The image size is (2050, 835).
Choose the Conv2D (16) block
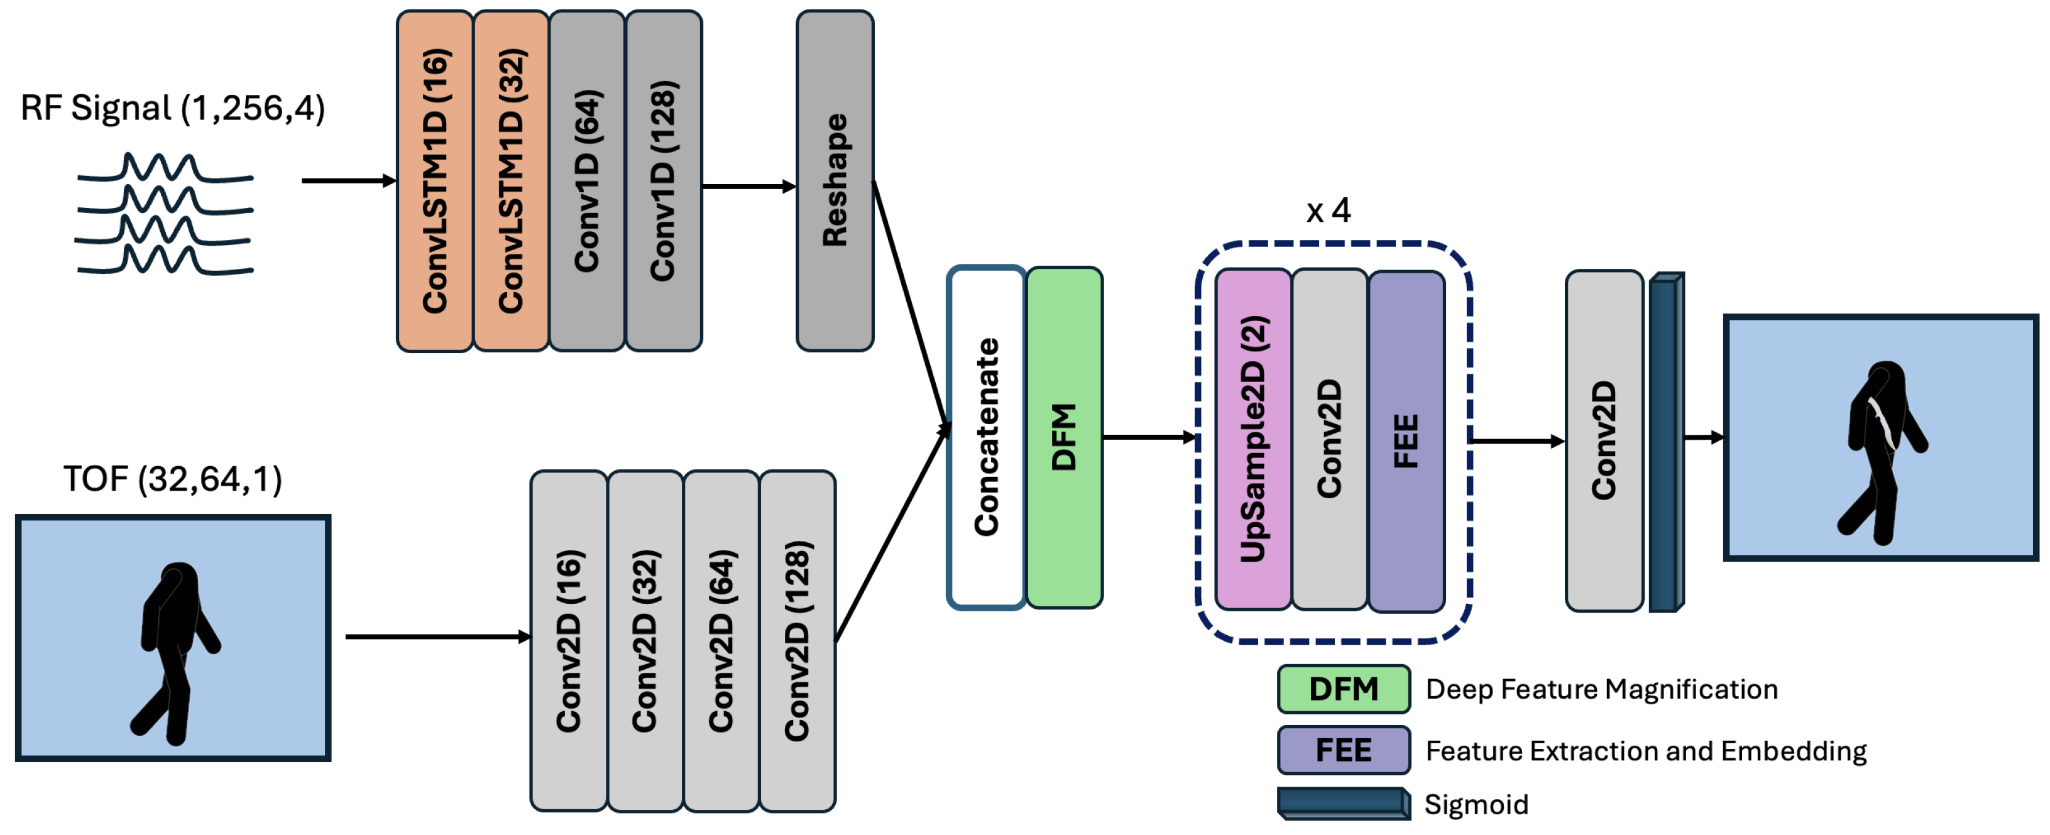(568, 641)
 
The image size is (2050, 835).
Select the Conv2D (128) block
(798, 641)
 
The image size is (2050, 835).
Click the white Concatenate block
(986, 437)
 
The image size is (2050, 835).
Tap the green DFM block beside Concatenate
(1064, 437)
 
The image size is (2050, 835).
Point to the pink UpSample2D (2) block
(1252, 440)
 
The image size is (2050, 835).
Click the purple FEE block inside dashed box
(1406, 441)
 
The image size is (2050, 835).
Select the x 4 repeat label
(1328, 210)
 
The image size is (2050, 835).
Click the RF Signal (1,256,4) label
(173, 108)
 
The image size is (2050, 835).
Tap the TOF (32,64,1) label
(173, 479)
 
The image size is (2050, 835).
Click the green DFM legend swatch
(1344, 689)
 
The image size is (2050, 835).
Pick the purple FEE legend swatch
(1344, 750)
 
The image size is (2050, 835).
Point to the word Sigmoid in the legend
(1476, 805)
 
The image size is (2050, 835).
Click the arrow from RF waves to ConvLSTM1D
(348, 182)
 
